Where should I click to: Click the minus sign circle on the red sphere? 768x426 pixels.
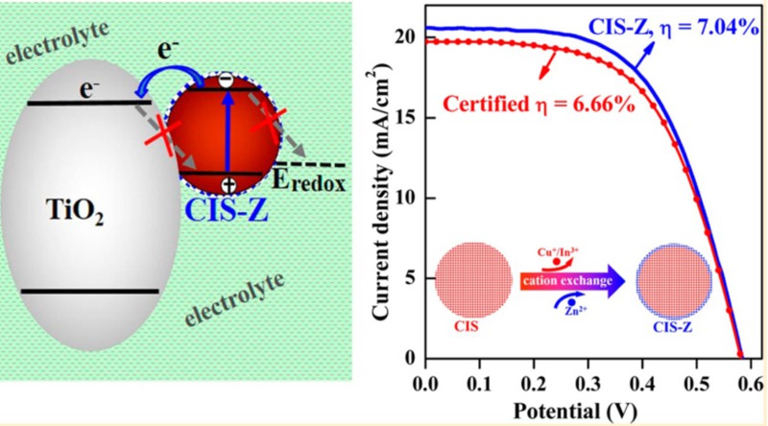coord(224,83)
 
